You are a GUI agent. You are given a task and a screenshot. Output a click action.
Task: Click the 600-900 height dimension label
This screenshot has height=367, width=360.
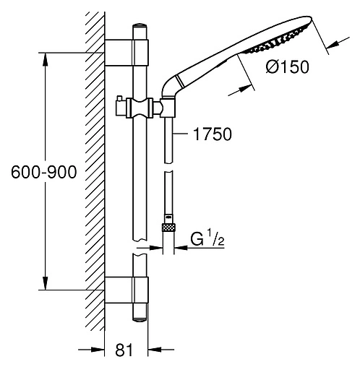click(44, 172)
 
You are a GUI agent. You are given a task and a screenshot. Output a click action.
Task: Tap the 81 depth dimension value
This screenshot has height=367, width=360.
click(124, 350)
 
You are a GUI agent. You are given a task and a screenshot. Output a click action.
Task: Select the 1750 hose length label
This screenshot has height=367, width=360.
click(213, 134)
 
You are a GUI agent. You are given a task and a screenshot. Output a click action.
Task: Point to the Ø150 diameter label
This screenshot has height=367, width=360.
click(287, 66)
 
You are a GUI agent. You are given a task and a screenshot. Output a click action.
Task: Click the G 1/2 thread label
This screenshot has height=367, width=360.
click(207, 238)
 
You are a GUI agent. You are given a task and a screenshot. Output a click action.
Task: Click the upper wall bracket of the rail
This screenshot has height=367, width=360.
click(127, 53)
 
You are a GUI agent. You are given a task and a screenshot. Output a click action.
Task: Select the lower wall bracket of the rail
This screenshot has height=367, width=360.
click(127, 290)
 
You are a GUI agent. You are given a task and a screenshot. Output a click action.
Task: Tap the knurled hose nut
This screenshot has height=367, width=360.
click(168, 228)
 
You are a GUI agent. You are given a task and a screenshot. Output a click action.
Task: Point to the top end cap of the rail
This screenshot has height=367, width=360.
click(140, 26)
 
